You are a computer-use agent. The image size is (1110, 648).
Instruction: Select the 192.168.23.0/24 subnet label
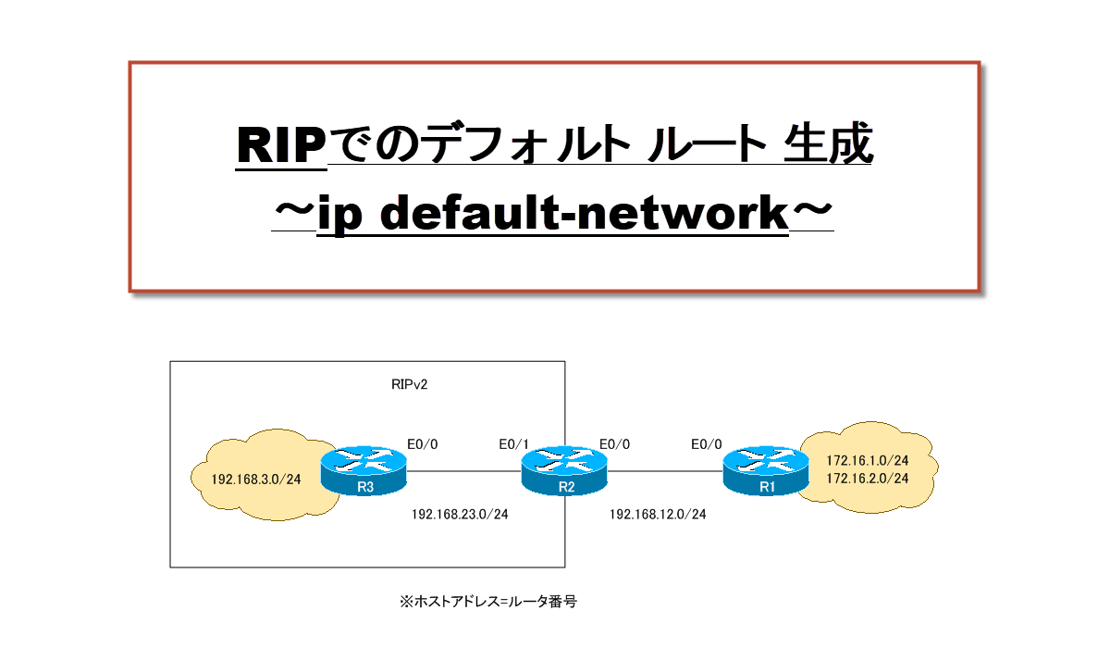point(460,515)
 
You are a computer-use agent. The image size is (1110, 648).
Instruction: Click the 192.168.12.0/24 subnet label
point(658,515)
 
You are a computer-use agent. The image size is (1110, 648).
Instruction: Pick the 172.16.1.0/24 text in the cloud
point(866,460)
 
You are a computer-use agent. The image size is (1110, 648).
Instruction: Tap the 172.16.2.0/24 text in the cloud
point(866,478)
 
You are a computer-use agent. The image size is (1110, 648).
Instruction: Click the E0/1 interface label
point(514,444)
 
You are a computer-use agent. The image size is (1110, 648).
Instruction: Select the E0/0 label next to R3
point(422,444)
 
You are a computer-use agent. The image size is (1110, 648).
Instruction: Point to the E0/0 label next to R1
point(707,444)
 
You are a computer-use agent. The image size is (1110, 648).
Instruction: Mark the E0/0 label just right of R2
point(614,444)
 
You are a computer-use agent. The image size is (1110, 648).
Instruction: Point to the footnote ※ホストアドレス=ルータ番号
point(488,601)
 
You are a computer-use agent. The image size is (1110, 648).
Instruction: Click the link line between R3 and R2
point(462,472)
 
